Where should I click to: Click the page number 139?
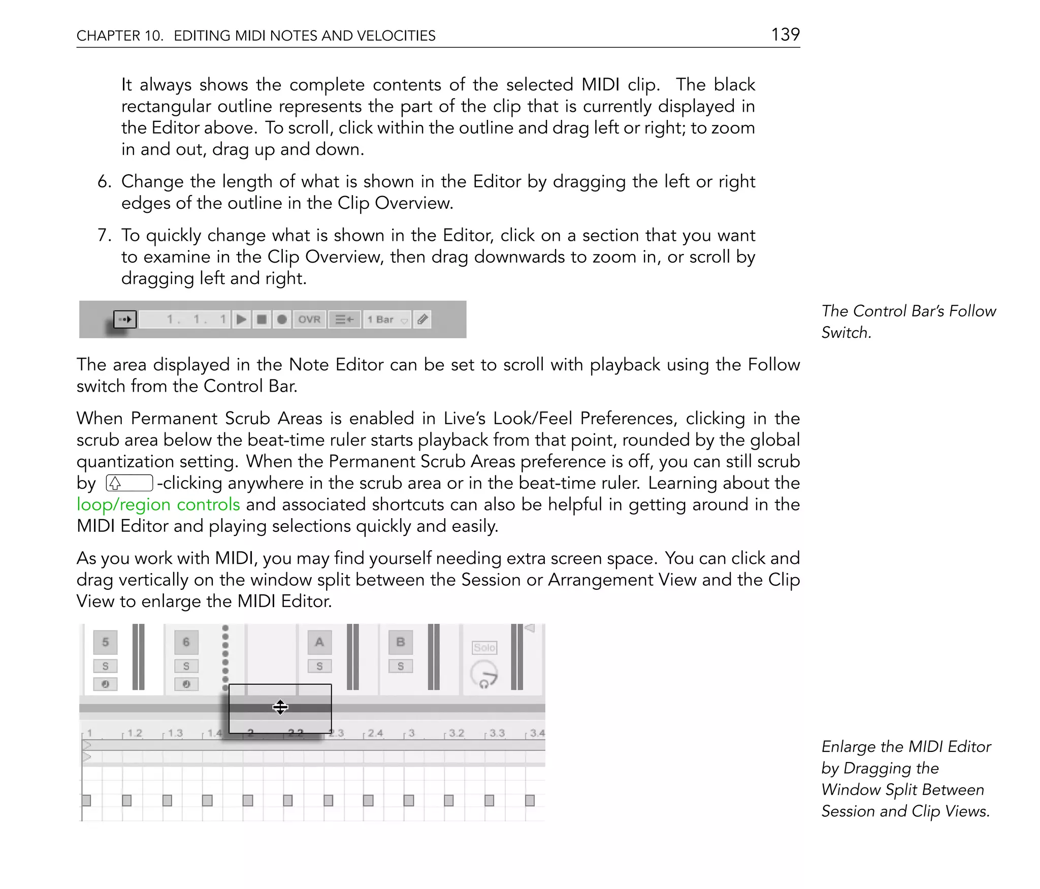(785, 35)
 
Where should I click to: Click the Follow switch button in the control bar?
(125, 320)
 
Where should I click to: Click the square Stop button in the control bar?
(262, 320)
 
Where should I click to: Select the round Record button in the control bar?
(282, 320)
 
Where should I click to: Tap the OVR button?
(309, 320)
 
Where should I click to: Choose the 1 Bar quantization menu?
(387, 320)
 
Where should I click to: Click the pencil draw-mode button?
(422, 320)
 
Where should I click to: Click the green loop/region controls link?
(158, 504)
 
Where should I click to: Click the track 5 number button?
(105, 642)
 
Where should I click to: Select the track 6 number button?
(186, 642)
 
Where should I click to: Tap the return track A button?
(319, 642)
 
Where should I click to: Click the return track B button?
(400, 642)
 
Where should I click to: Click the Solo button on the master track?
(484, 648)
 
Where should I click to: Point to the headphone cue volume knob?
(484, 674)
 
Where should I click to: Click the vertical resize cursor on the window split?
(280, 707)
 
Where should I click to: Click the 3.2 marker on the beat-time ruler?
(456, 733)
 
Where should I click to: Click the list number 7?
(103, 235)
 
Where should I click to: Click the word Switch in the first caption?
(846, 333)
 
